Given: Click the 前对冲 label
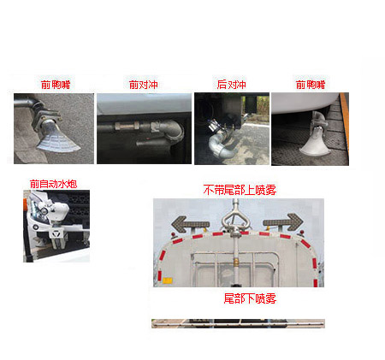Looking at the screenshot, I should [144, 85].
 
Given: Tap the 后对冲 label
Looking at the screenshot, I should [231, 85].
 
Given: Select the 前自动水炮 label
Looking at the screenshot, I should [53, 183].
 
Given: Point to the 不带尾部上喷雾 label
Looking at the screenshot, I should [239, 189].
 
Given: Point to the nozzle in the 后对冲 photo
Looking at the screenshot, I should [215, 141].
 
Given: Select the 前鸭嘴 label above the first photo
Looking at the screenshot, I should [56, 85].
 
